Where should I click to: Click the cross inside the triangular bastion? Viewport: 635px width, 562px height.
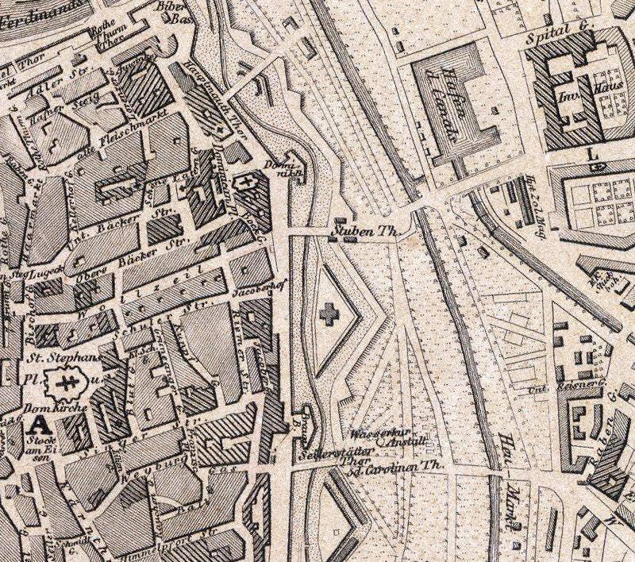[326, 314]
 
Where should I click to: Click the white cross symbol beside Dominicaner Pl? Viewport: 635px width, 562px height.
[248, 184]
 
